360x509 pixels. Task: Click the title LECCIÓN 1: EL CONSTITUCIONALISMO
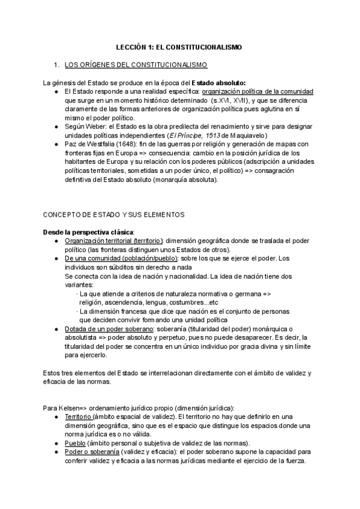(x=179, y=47)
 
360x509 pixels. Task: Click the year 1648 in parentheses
(x=124, y=144)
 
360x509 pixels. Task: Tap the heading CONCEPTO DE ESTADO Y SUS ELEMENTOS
(x=112, y=214)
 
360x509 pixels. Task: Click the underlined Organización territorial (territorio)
(x=113, y=241)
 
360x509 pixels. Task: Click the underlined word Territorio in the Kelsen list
(x=78, y=417)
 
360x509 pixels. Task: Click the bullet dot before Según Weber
(x=56, y=118)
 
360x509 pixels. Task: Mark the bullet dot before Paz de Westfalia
(x=56, y=144)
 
